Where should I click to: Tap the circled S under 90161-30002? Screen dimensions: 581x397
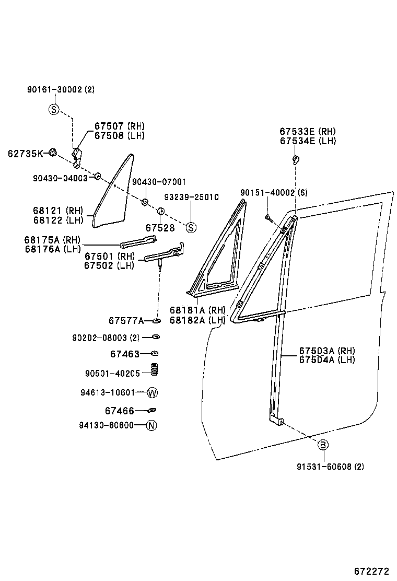tap(54, 109)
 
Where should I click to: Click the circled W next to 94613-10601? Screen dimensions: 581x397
tap(152, 392)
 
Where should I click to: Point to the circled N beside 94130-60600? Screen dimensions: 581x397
tap(151, 425)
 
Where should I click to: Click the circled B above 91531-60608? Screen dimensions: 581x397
tap(323, 445)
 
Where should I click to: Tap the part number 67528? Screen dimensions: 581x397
tap(160, 228)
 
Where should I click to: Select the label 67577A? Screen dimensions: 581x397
tap(126, 320)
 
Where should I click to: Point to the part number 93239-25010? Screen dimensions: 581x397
tap(191, 197)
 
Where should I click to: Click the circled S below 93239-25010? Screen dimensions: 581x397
tap(191, 227)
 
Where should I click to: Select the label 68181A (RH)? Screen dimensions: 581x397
tap(197, 310)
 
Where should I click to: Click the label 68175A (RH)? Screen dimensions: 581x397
tap(52, 240)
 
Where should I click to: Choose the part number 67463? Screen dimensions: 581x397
tap(125, 354)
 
